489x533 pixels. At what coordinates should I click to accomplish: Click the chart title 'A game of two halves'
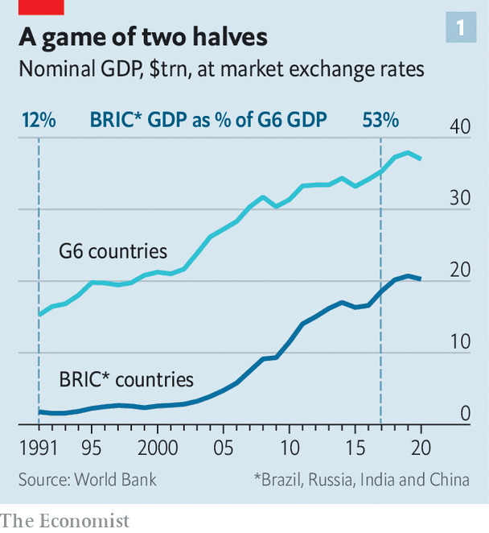pos(142,37)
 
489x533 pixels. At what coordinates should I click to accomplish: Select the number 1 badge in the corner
pos(460,28)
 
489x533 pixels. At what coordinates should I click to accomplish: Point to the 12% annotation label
pos(39,121)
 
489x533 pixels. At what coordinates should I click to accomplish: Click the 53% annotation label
pos(380,121)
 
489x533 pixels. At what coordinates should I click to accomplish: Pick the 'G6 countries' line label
pos(113,251)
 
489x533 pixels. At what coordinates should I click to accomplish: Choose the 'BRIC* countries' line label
pos(126,378)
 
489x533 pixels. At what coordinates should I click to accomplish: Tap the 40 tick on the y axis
pos(460,126)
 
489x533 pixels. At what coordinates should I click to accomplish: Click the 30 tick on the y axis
pos(460,198)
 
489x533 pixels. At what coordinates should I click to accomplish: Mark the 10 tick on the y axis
pos(460,342)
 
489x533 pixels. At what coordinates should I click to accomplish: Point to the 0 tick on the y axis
pos(466,414)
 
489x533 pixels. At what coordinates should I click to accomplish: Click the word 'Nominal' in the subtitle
pos(54,70)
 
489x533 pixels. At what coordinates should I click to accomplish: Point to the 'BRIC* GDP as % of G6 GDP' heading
pos(208,121)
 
